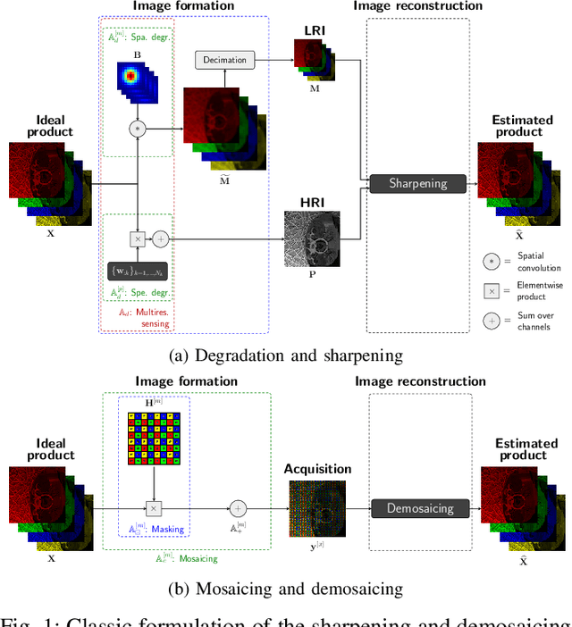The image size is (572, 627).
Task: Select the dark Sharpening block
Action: click(x=417, y=183)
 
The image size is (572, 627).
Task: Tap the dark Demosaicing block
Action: click(x=420, y=508)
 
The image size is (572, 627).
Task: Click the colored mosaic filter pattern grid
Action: click(x=154, y=439)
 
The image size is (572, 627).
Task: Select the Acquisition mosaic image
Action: click(x=315, y=509)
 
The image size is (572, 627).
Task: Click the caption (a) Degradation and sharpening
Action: click(x=286, y=355)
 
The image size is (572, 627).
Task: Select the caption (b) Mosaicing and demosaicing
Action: click(x=286, y=589)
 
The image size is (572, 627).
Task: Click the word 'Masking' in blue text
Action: click(x=167, y=529)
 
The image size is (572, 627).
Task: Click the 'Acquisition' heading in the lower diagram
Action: click(x=317, y=469)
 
